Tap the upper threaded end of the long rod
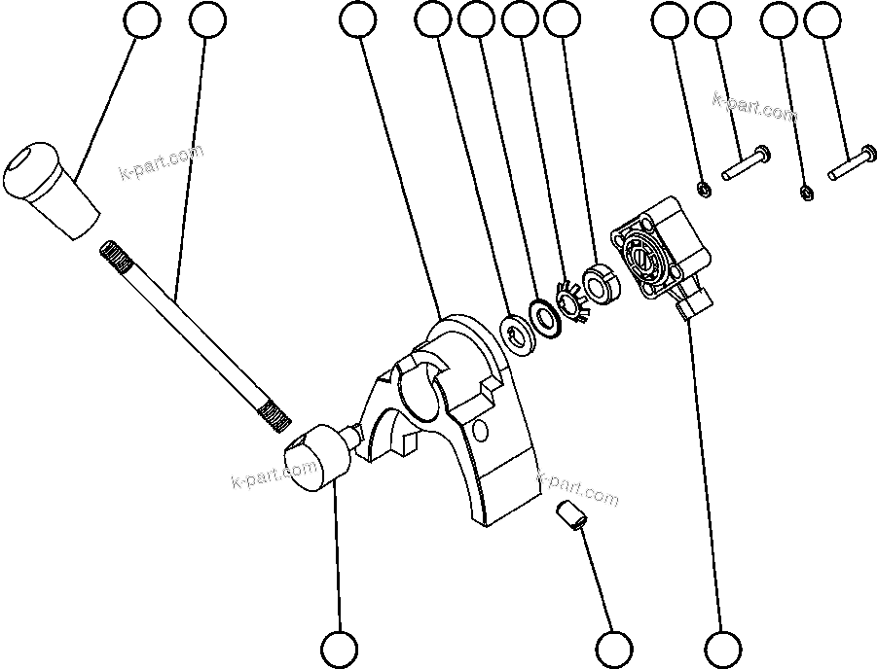[x=115, y=258]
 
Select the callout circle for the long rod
[x=207, y=19]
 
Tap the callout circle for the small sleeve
[x=614, y=649]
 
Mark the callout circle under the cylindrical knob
[x=340, y=649]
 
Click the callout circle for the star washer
[x=521, y=19]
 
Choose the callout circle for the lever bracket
[x=359, y=19]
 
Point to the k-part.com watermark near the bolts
[x=754, y=106]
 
